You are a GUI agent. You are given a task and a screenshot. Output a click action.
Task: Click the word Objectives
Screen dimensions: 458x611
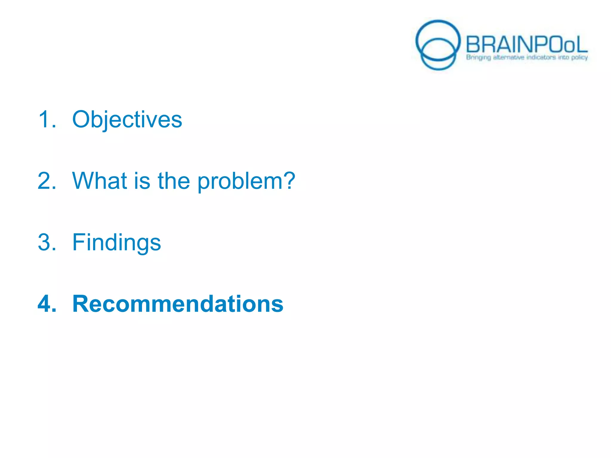pos(127,120)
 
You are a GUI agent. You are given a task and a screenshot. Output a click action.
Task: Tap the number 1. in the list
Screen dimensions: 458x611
pos(47,120)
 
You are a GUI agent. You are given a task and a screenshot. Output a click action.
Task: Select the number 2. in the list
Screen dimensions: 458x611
pos(47,181)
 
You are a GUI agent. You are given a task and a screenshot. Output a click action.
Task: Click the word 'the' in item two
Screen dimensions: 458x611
pos(174,181)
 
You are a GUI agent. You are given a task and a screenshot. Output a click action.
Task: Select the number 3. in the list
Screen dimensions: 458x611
pos(47,242)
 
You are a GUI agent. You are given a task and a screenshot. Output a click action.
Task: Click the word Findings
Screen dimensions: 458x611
pos(116,243)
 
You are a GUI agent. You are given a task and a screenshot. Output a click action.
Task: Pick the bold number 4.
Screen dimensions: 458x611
pos(47,304)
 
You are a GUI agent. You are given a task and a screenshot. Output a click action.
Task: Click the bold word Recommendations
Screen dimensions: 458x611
pos(178,304)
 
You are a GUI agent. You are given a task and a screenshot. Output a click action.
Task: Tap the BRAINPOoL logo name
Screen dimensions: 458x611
pos(526,45)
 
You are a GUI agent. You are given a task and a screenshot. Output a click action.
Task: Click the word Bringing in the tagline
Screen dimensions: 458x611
pos(478,57)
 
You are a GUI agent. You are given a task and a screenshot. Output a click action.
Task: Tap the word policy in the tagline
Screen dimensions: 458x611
pos(579,57)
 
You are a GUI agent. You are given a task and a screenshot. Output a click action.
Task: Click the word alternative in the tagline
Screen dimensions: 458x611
pos(508,57)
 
